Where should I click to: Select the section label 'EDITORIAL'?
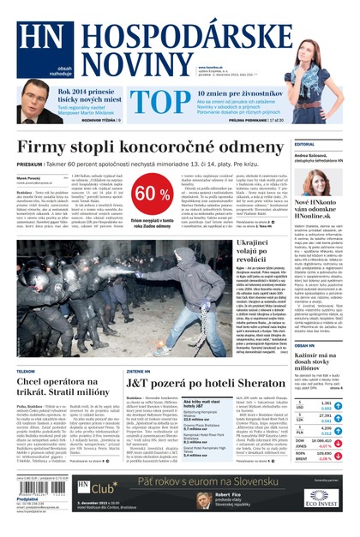click(305, 145)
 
